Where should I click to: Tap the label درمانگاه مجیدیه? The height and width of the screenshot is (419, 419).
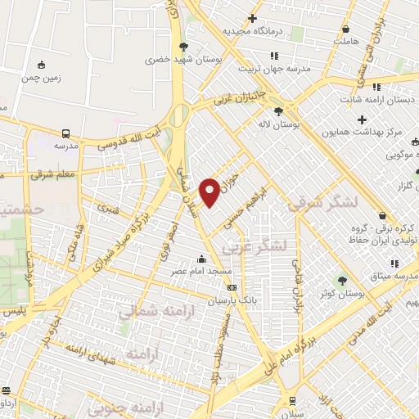[254, 30]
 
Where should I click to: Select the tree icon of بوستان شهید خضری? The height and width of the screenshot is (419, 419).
[183, 46]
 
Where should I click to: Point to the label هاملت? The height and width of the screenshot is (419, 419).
[347, 38]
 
